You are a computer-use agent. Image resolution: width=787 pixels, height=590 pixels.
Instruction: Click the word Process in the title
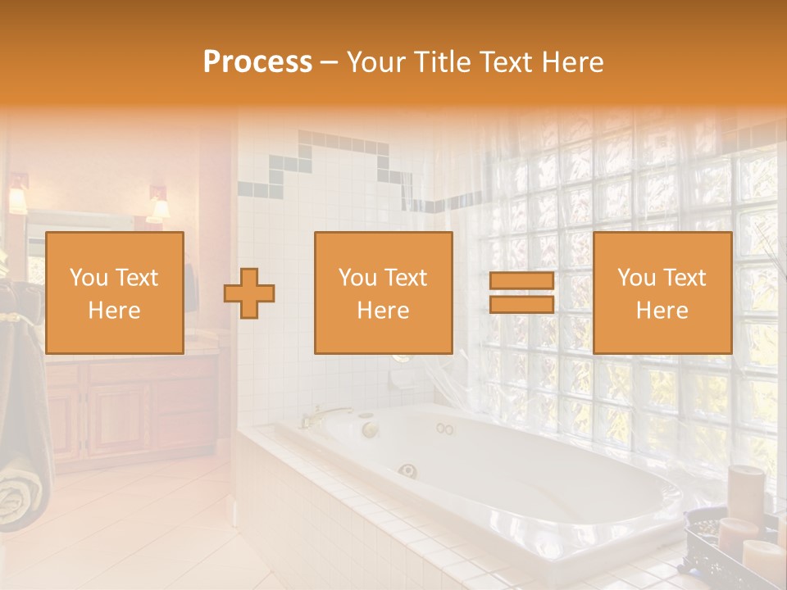(x=257, y=61)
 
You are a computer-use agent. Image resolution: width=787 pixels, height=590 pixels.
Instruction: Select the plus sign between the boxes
(x=249, y=293)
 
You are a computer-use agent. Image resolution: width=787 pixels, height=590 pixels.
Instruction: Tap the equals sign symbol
(x=521, y=293)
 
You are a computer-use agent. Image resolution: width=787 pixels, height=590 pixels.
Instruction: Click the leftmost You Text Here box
(x=114, y=293)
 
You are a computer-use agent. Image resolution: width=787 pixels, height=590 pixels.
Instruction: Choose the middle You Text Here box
(x=383, y=293)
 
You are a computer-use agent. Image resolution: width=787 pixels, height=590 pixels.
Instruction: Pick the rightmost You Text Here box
(x=662, y=293)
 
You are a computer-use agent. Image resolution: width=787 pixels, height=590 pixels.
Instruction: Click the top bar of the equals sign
(x=521, y=281)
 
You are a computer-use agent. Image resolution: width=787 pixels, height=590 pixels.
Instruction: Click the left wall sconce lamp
(x=17, y=199)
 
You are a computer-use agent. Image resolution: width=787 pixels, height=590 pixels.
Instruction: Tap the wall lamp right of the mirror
(x=158, y=206)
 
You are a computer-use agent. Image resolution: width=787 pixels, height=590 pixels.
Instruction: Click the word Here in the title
(x=572, y=61)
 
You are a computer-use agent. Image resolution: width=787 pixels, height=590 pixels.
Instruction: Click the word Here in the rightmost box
(x=662, y=310)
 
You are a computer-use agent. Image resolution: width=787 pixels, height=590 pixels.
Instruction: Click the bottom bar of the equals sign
(x=521, y=305)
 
